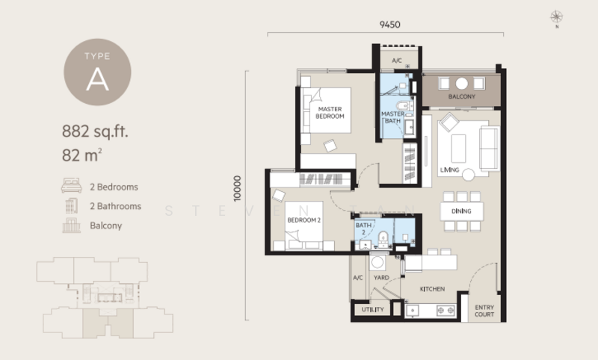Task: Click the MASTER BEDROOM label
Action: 330,112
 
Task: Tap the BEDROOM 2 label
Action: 303,220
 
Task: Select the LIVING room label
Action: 449,169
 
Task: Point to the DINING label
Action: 461,211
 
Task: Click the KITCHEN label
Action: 432,288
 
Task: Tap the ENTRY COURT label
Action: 484,311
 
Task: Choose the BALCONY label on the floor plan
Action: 461,97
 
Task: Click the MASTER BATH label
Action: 392,117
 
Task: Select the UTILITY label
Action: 372,309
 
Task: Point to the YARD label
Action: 380,278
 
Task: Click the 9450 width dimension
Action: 389,25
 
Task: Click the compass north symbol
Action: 555,16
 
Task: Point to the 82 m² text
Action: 82,155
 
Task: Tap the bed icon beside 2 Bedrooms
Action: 72,187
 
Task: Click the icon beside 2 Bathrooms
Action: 72,206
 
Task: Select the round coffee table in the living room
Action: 468,174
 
